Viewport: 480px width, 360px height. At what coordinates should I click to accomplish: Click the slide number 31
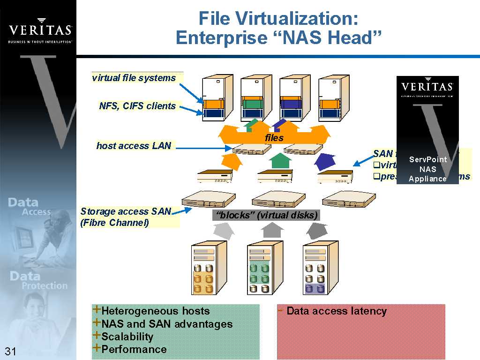[x=11, y=352]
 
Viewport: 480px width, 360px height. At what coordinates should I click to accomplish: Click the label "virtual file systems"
[x=134, y=78]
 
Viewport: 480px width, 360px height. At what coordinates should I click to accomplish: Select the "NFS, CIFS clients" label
[x=137, y=106]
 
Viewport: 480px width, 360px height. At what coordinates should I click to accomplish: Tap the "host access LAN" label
[x=134, y=146]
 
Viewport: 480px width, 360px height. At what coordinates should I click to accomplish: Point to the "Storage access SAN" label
[x=126, y=211]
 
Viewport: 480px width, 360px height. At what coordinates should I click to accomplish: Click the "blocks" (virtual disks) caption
[x=266, y=215]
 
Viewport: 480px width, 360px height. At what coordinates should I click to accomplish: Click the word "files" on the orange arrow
[x=274, y=138]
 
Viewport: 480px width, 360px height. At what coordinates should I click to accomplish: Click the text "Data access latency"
[x=336, y=311]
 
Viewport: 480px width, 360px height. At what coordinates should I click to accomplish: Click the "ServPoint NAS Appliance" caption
[x=427, y=169]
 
